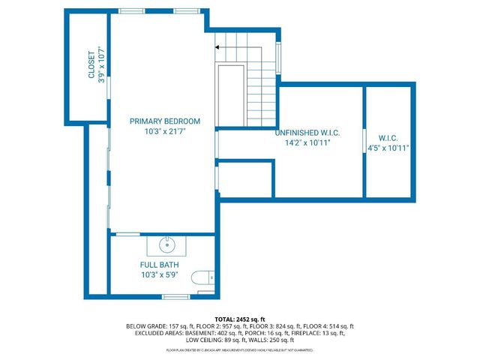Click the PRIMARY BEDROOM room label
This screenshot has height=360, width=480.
[165, 121]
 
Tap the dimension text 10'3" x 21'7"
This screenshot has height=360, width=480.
[165, 131]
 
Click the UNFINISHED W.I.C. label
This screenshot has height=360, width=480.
[308, 132]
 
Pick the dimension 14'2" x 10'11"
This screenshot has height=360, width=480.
[308, 142]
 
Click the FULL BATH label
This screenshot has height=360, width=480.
[157, 265]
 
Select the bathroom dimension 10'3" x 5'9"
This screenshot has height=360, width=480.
[157, 274]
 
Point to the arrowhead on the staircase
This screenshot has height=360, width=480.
[217, 46]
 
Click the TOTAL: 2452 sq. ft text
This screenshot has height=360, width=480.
[240, 319]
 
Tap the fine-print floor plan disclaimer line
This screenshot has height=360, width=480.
[240, 350]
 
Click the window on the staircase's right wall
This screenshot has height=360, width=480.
[280, 58]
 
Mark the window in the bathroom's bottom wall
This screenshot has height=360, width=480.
[175, 297]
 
